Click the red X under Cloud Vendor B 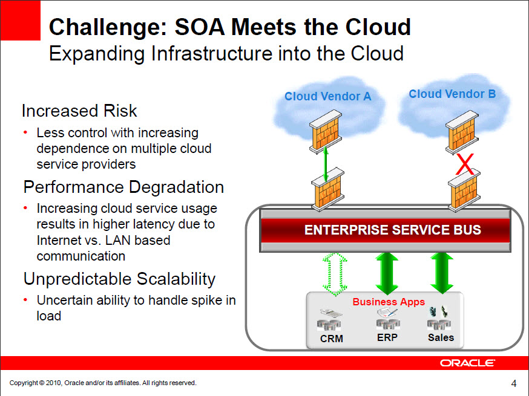[465, 164]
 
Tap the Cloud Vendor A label [327, 96]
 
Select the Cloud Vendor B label [452, 94]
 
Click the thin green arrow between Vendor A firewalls [326, 164]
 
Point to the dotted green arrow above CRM [335, 274]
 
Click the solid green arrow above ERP [387, 273]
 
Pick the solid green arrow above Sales [442, 273]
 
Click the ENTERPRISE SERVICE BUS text [392, 230]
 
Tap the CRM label [331, 339]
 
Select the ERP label [387, 337]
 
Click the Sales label [441, 337]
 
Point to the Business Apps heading [389, 302]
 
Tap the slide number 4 [514, 383]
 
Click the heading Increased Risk [79, 111]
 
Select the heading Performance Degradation [123, 187]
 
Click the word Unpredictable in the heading [77, 279]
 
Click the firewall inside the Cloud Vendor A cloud [326, 132]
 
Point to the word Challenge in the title [108, 27]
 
